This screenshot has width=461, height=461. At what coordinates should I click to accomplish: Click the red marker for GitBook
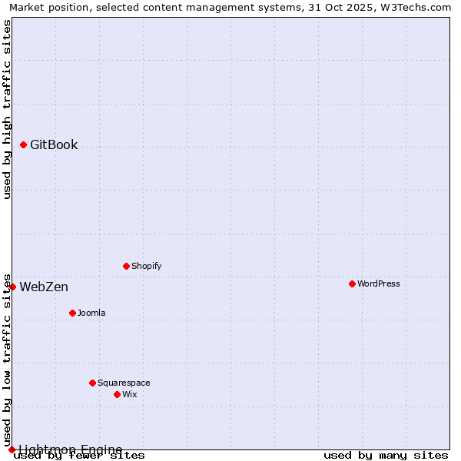click(24, 144)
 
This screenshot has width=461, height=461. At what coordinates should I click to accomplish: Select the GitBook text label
click(54, 145)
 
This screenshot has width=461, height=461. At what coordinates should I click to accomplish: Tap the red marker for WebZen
click(12, 287)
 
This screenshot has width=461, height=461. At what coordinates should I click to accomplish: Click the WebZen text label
click(44, 287)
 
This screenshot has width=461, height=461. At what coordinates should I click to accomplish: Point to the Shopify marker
click(126, 266)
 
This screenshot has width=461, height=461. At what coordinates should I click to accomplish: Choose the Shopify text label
click(146, 267)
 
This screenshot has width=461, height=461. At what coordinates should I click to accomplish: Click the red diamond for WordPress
click(352, 284)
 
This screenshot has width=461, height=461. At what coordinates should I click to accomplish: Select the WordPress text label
click(378, 284)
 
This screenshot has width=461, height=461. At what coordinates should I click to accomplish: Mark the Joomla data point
click(72, 313)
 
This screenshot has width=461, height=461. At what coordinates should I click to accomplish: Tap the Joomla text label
click(91, 313)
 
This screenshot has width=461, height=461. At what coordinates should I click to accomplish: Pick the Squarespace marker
click(92, 383)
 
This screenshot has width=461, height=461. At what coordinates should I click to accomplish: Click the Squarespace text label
click(124, 383)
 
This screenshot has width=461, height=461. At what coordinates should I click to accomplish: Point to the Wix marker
click(117, 394)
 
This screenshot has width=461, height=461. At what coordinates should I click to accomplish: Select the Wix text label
click(130, 395)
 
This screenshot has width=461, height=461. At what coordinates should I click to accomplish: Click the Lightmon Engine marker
click(12, 449)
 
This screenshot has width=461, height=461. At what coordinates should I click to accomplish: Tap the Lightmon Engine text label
click(70, 449)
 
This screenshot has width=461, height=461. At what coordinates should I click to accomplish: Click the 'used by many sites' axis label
click(386, 456)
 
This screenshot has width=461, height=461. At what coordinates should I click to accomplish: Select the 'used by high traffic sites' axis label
click(7, 109)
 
